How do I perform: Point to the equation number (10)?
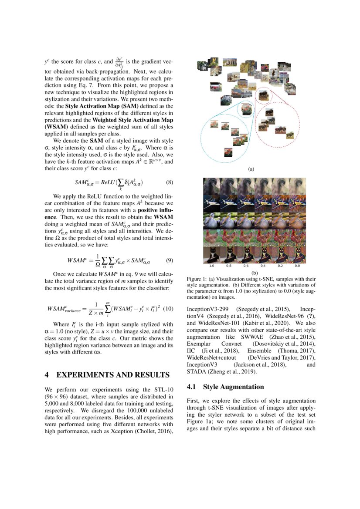[x=168, y=309]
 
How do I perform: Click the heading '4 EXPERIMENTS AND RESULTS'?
[x=107, y=374]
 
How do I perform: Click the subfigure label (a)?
[x=251, y=169]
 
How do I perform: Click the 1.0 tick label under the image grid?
[x=211, y=265]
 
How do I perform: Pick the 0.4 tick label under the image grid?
[x=263, y=265]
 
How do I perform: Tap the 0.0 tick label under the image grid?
[x=297, y=265]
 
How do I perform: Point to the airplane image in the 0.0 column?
[x=297, y=203]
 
